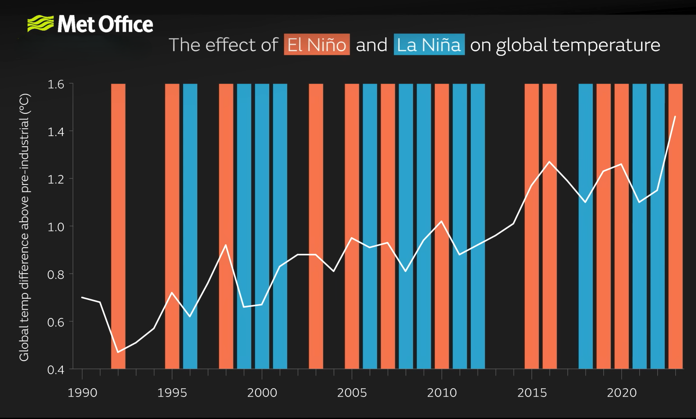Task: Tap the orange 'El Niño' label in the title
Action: pyautogui.click(x=317, y=45)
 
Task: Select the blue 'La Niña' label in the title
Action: pyautogui.click(x=429, y=45)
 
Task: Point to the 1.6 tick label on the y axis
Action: pyautogui.click(x=56, y=84)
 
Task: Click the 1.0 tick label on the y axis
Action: pyautogui.click(x=56, y=227)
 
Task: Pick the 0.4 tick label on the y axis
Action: pyautogui.click(x=56, y=370)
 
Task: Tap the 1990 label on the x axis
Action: pyautogui.click(x=82, y=393)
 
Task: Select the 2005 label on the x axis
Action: pyautogui.click(x=352, y=393)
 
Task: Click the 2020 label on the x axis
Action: pyautogui.click(x=621, y=393)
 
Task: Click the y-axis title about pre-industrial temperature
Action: pyautogui.click(x=24, y=227)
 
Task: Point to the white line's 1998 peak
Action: pyautogui.click(x=226, y=245)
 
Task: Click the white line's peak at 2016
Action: pyautogui.click(x=549, y=162)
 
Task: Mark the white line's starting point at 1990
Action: pyautogui.click(x=82, y=297)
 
